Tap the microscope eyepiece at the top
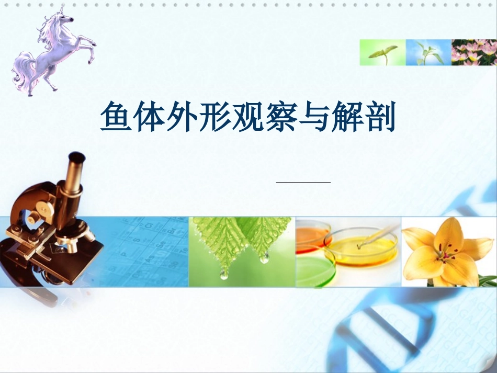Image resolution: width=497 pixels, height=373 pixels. [77, 158]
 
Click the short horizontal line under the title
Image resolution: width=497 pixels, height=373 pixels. [303, 182]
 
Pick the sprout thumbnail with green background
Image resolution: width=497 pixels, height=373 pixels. [382, 52]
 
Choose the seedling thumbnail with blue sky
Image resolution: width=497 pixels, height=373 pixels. [428, 52]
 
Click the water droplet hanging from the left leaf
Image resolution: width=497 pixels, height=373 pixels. [224, 274]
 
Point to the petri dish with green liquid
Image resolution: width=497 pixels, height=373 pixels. [314, 269]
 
